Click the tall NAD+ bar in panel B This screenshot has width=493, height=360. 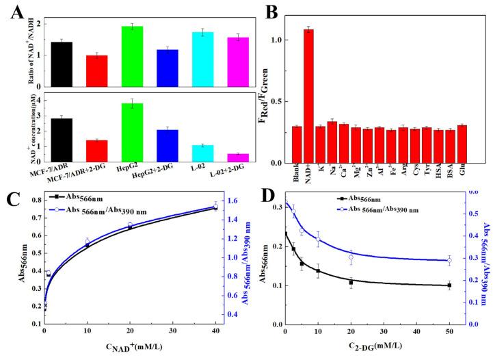point(308,96)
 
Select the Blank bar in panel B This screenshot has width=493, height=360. point(297,144)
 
